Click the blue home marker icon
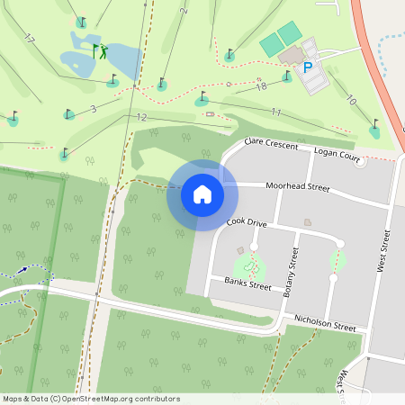coord(202,193)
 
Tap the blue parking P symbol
coord(308,67)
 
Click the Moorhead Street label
coord(297,186)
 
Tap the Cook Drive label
coord(247,221)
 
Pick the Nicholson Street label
coord(319,323)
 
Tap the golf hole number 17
coord(29,39)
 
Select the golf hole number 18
coord(262,86)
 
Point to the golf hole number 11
coord(276,112)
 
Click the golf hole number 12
coord(140,117)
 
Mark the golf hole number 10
coord(351,101)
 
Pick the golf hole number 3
coord(93,109)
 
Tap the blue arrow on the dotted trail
coord(22,269)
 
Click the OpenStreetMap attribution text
coord(90,399)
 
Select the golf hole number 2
coord(184,11)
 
